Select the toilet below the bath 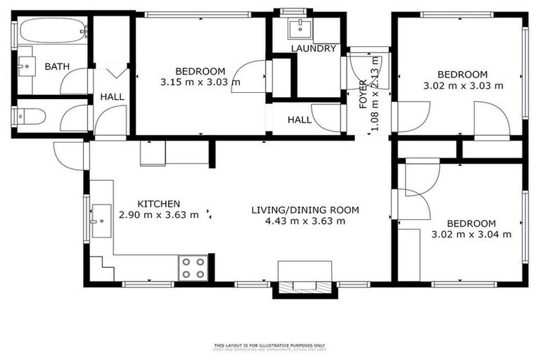(x=32, y=115)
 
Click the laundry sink (x=304, y=27)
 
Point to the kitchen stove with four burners (x=193, y=268)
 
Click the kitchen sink (x=101, y=220)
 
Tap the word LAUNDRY (x=314, y=49)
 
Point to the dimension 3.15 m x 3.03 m (x=200, y=82)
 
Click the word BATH (x=57, y=67)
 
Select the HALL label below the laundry (x=300, y=120)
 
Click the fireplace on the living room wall (x=304, y=278)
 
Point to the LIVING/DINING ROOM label (x=305, y=210)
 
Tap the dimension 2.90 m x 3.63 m (x=159, y=215)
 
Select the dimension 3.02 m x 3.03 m (x=463, y=86)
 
